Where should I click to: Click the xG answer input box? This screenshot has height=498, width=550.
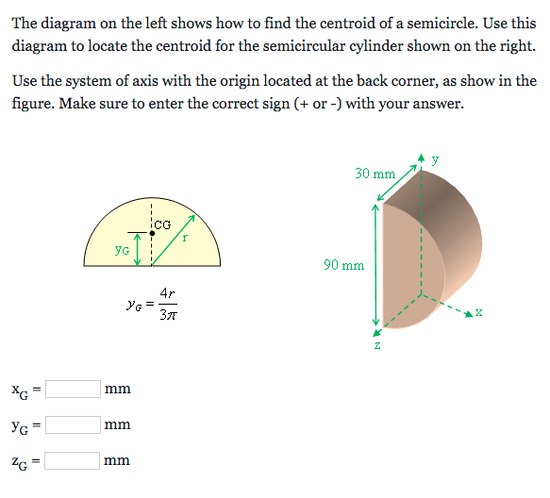pyautogui.click(x=74, y=389)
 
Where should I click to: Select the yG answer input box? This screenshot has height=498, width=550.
pyautogui.click(x=74, y=424)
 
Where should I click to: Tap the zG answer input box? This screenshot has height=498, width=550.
pyautogui.click(x=74, y=460)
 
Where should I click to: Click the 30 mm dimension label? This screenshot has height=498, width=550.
pyautogui.click(x=375, y=174)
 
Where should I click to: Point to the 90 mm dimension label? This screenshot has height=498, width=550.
pyautogui.click(x=343, y=265)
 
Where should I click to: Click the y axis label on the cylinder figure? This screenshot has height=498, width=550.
pyautogui.click(x=435, y=158)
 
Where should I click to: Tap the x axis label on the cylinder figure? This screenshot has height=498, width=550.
pyautogui.click(x=479, y=313)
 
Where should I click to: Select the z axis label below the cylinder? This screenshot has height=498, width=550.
pyautogui.click(x=377, y=344)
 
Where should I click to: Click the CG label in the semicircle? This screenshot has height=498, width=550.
pyautogui.click(x=162, y=224)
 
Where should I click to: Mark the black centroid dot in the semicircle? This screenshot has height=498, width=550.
pyautogui.click(x=152, y=231)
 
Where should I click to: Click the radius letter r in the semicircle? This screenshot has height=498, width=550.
pyautogui.click(x=185, y=239)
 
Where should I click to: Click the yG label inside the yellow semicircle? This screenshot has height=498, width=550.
pyautogui.click(x=122, y=250)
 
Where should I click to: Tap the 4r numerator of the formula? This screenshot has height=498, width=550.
pyautogui.click(x=166, y=293)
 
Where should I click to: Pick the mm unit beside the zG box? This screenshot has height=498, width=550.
pyautogui.click(x=117, y=461)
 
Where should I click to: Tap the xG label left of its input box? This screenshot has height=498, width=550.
pyautogui.click(x=21, y=390)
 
